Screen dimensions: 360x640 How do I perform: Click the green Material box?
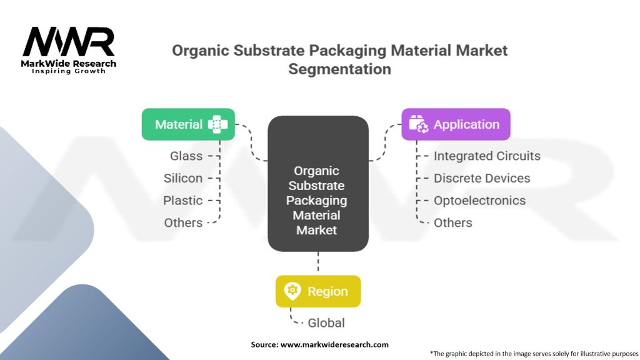pyautogui.click(x=188, y=124)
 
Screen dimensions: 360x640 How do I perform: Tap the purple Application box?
pyautogui.click(x=455, y=124)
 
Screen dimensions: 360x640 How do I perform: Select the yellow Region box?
pyautogui.click(x=317, y=291)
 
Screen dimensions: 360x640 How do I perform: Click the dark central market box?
pyautogui.click(x=317, y=184)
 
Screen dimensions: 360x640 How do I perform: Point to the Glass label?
pyautogui.click(x=186, y=156)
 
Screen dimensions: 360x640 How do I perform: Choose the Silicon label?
pyautogui.click(x=183, y=178)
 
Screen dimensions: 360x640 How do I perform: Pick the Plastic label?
pyautogui.click(x=183, y=201)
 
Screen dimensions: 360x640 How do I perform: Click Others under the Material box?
pyautogui.click(x=183, y=223)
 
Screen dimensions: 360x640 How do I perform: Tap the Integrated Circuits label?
pyautogui.click(x=487, y=156)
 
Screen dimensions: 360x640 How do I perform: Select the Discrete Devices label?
pyautogui.click(x=482, y=178)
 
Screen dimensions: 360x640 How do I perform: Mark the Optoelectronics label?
pyautogui.click(x=479, y=201)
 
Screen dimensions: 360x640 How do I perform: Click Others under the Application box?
pyautogui.click(x=452, y=223)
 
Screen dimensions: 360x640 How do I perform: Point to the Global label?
pyautogui.click(x=326, y=323)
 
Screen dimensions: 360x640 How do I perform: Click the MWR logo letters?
pyautogui.click(x=69, y=42)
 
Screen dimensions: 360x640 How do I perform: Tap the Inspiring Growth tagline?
pyautogui.click(x=69, y=71)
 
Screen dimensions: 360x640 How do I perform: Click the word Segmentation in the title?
pyautogui.click(x=339, y=69)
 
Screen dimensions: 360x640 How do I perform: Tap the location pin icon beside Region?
pyautogui.click(x=292, y=291)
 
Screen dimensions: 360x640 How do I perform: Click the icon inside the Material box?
pyautogui.click(x=217, y=124)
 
